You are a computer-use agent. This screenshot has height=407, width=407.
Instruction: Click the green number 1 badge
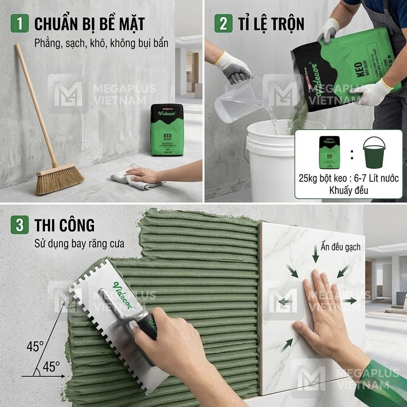tap(19, 23)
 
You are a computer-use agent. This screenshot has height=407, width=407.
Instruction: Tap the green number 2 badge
tap(223, 23)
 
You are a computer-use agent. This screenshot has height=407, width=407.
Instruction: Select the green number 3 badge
tap(19, 225)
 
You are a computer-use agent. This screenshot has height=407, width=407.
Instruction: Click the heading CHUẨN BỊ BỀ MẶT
tap(89, 24)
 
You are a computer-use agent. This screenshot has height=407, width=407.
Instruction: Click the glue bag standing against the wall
tap(167, 130)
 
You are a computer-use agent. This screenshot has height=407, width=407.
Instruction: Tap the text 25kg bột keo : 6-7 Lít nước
tap(349, 178)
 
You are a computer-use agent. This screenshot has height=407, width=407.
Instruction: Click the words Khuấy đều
tap(349, 190)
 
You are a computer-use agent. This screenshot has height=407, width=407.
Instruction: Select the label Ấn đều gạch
tap(340, 247)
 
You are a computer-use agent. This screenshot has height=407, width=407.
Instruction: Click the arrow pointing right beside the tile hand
tap(350, 301)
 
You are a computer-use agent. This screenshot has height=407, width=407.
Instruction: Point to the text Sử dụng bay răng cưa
tap(79, 243)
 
